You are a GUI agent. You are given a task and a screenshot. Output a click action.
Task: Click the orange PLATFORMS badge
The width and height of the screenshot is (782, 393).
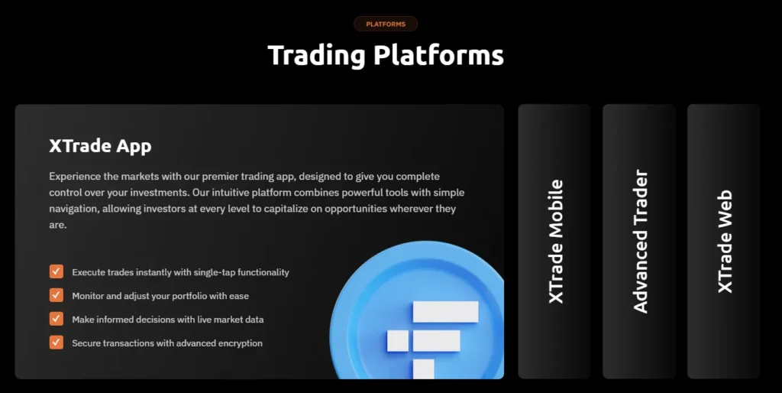(386, 24)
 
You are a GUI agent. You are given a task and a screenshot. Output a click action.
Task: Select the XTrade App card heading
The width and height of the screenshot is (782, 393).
(100, 146)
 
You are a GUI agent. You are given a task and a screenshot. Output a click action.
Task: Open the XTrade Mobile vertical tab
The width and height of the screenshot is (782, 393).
(555, 241)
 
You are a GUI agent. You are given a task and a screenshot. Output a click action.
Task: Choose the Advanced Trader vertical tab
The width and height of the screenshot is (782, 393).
(640, 241)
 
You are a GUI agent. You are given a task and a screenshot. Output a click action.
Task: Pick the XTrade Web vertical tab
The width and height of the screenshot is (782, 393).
(724, 241)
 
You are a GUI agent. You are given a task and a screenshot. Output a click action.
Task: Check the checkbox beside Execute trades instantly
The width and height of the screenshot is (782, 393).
(56, 271)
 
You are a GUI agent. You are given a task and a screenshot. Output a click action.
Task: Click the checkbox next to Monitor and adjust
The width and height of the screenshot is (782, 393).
(56, 295)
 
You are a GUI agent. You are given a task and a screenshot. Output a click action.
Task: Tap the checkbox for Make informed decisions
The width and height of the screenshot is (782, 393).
(56, 319)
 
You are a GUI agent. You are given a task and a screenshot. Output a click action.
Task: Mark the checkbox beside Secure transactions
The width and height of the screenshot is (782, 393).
(56, 343)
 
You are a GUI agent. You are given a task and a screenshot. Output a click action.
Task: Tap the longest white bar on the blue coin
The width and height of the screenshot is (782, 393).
(445, 311)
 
